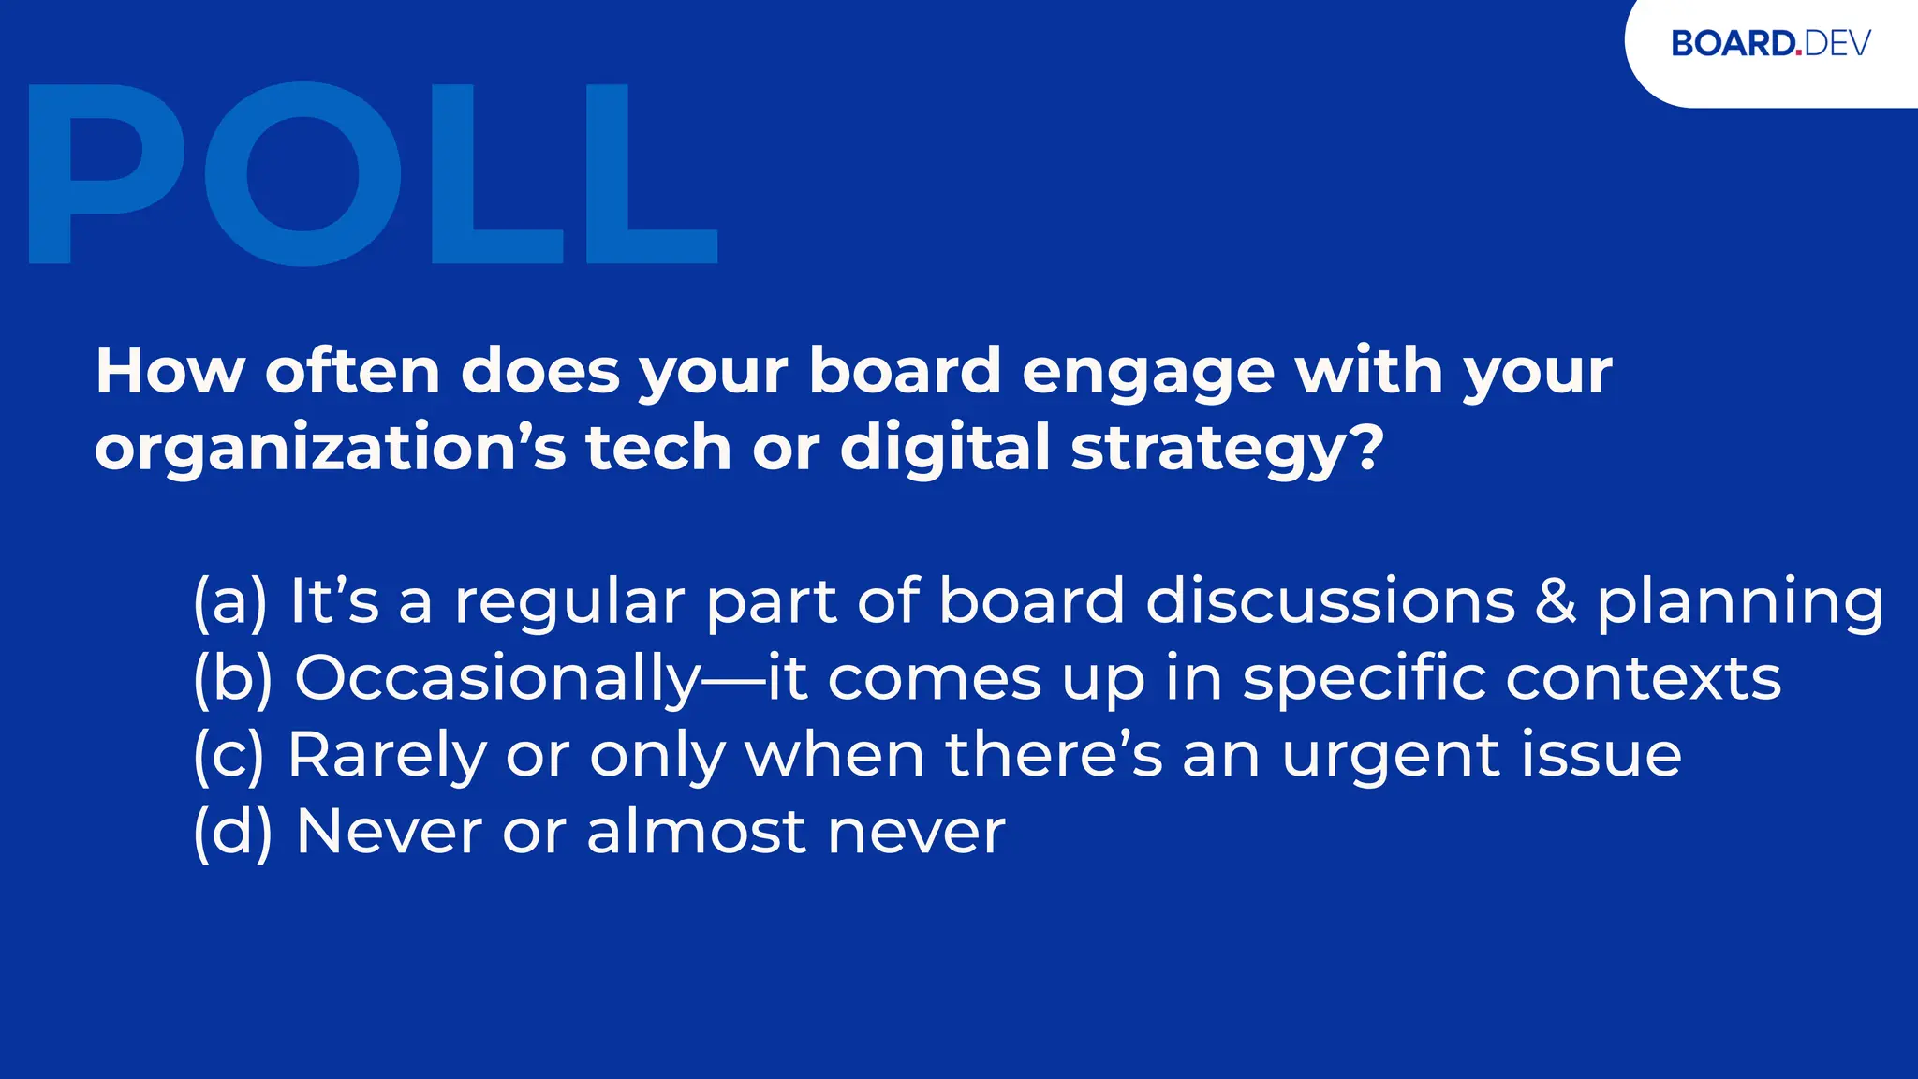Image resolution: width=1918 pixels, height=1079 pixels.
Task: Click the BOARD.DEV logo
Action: tap(1770, 44)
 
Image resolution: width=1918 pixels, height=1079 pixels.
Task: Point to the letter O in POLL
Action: tap(302, 173)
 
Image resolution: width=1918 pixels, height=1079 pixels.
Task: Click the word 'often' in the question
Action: tap(352, 371)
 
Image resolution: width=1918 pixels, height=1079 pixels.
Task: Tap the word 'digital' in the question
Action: tap(945, 448)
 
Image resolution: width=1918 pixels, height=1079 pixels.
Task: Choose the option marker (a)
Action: tap(230, 601)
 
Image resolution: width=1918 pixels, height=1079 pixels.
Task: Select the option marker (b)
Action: tap(232, 678)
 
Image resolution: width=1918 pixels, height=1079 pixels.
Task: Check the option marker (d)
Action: tap(232, 832)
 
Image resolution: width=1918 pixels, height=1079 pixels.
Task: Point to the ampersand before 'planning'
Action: tap(1555, 600)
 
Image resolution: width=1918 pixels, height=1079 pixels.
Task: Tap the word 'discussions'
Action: tap(1330, 600)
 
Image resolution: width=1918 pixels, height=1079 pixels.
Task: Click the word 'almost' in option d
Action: tap(696, 832)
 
